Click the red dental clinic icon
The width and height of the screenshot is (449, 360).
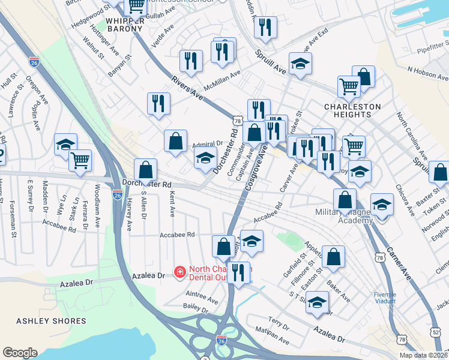(x=179, y=273)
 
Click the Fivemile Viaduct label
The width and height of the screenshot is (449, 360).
(x=384, y=298)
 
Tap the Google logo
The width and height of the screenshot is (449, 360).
(x=20, y=353)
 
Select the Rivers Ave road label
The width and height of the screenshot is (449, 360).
(x=187, y=86)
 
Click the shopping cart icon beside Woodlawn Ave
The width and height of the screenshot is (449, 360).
(x=79, y=160)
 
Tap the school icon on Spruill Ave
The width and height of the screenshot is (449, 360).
(x=300, y=63)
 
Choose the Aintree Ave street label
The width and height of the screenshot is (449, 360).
(x=202, y=297)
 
